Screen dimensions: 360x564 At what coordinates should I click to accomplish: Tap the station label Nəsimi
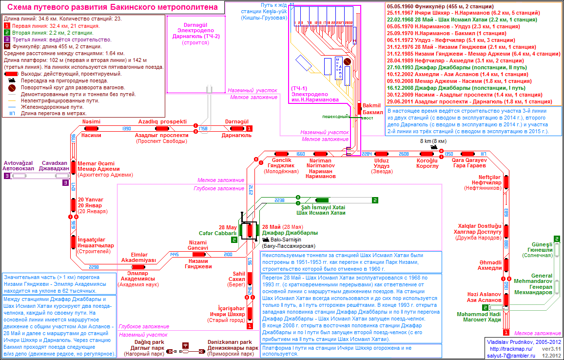91,121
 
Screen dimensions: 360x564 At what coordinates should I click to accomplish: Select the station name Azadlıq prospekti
162,121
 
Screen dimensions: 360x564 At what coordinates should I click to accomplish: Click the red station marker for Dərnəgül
237,128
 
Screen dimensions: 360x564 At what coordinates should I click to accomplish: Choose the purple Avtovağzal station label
18,163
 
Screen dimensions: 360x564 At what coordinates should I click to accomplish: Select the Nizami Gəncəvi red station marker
198,254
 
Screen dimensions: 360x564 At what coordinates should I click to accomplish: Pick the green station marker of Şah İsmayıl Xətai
322,200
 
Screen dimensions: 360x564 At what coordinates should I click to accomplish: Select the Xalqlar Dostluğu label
479,226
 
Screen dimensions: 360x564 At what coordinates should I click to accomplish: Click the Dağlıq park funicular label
141,342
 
